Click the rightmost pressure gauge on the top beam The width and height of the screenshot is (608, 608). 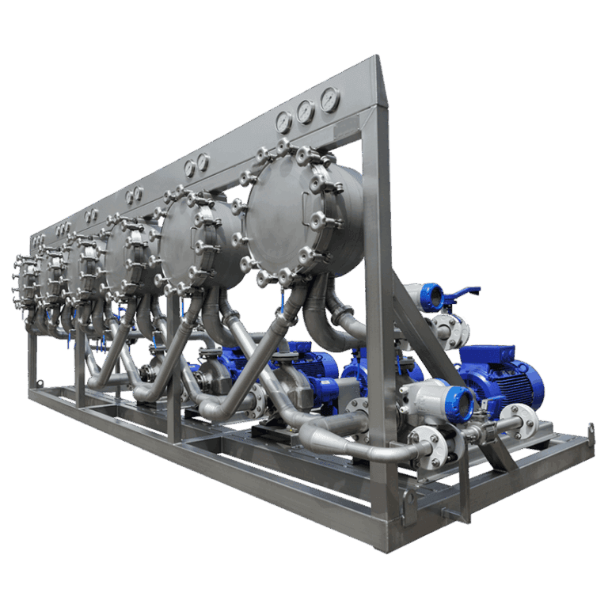[x=329, y=100]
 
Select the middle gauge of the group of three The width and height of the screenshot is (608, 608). [x=306, y=112]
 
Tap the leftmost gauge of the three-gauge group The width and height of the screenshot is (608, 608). [x=283, y=121]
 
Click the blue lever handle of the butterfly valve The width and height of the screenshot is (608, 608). [x=462, y=292]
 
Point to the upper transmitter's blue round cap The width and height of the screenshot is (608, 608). [x=432, y=297]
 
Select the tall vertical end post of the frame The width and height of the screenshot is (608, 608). [x=378, y=317]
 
